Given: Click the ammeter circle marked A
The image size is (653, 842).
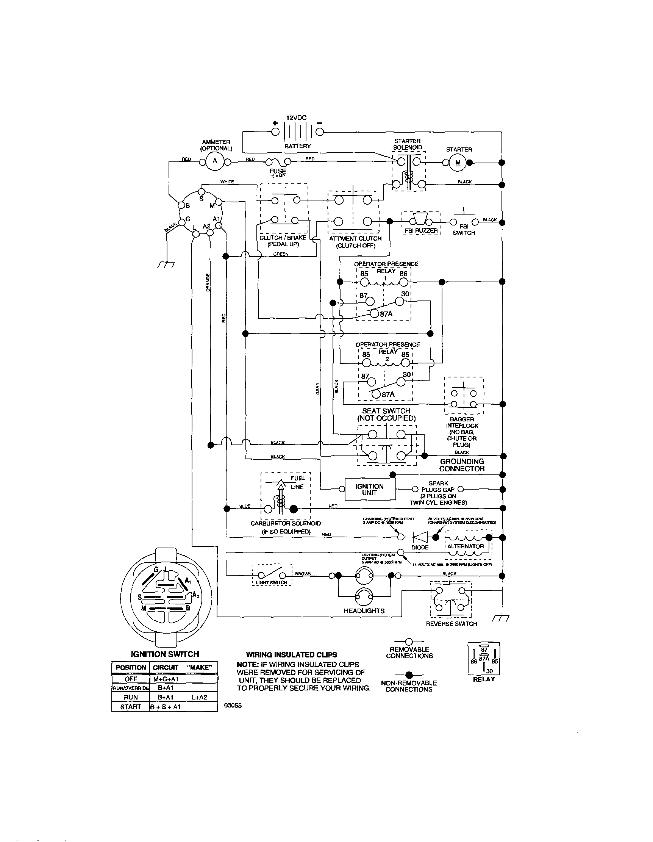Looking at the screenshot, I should click(x=215, y=161).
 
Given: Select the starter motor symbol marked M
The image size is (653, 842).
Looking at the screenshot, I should click(x=458, y=163).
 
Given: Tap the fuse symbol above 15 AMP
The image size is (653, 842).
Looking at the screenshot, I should click(x=277, y=162).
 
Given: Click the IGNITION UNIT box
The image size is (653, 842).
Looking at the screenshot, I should click(x=369, y=489).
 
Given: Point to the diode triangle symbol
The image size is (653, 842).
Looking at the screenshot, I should click(x=419, y=537).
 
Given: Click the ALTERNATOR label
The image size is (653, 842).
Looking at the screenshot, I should click(x=466, y=546).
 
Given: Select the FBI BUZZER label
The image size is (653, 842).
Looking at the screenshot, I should click(x=421, y=230).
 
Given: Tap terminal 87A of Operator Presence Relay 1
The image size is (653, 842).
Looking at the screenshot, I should click(x=374, y=314).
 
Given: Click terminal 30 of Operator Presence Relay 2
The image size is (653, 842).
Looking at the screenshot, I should click(x=401, y=382).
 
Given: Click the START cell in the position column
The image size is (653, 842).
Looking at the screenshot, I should click(x=130, y=707).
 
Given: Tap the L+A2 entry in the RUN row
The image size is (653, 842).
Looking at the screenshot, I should click(x=199, y=697).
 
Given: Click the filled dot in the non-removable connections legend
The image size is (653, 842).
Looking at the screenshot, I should click(x=409, y=675).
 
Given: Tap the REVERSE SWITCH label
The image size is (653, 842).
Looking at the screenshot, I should click(x=451, y=624).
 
